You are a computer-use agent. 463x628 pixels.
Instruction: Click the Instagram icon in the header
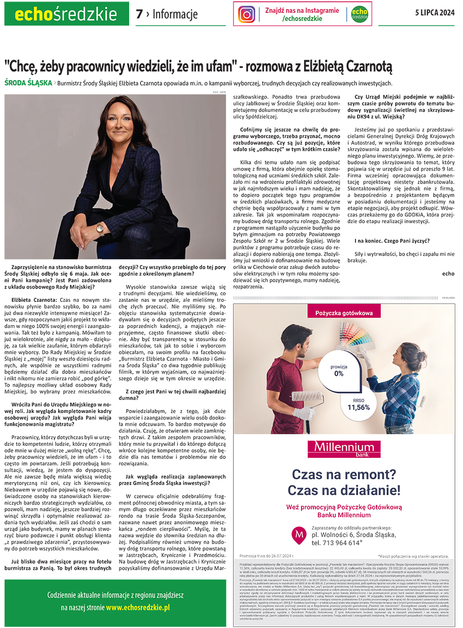(x=247, y=14)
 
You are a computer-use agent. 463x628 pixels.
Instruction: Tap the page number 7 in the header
(x=139, y=14)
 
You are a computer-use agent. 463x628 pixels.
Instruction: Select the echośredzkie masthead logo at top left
(x=66, y=14)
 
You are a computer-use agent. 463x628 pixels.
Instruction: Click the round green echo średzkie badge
(x=360, y=14)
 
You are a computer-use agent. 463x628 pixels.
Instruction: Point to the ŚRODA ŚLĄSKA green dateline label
(x=28, y=83)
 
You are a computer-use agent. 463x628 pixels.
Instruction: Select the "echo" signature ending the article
(x=448, y=274)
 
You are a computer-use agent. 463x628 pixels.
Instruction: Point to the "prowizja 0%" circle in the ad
(x=339, y=369)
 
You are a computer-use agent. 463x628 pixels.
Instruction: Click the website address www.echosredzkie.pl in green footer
(x=138, y=607)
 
